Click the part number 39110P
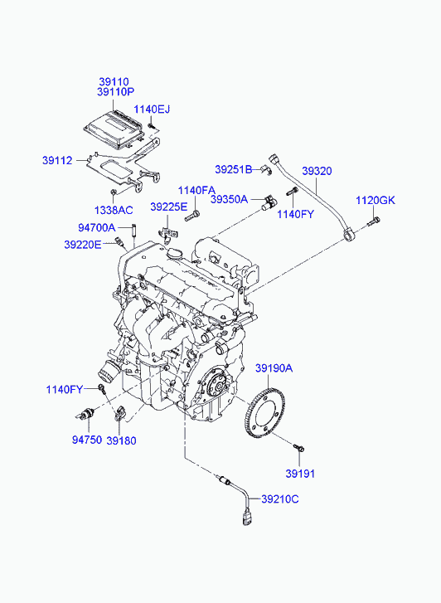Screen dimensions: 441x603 tap(115, 92)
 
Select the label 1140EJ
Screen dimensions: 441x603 tap(152, 109)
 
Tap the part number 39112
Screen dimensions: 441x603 tap(57, 160)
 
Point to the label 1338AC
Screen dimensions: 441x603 tap(114, 211)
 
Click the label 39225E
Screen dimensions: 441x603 tap(169, 207)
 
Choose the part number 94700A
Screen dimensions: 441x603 tap(96, 227)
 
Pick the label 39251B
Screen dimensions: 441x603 tap(234, 169)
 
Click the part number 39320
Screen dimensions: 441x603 tap(317, 171)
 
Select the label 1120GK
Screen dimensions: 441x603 tap(376, 201)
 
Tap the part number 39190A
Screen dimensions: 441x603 tap(274, 368)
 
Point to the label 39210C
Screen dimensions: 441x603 tap(280, 499)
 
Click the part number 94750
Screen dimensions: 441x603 tap(87, 440)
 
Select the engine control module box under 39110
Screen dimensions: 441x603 tap(114, 129)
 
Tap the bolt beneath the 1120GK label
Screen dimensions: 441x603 tap(373, 222)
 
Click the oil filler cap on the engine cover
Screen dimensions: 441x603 tap(173, 254)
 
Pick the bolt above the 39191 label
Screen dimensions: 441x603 tap(298, 448)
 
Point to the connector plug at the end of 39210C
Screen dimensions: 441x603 tap(246, 518)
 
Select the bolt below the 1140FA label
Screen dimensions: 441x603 tap(192, 216)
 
